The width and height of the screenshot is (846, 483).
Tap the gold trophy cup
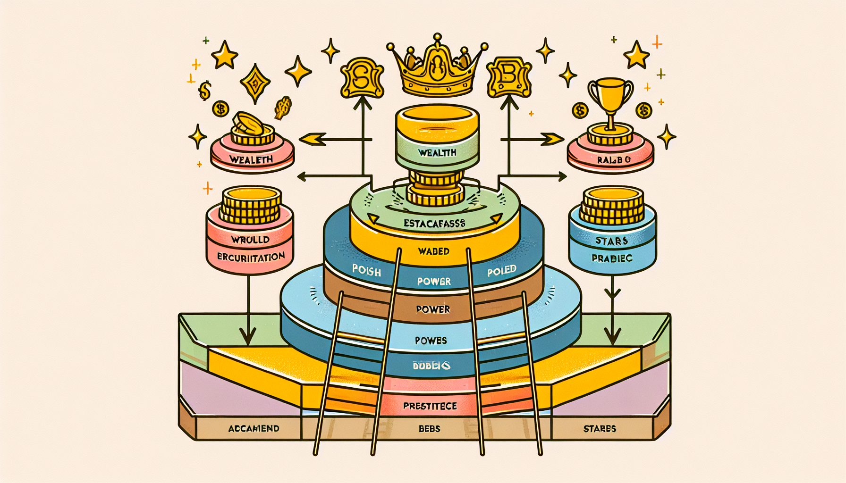[x=610, y=101]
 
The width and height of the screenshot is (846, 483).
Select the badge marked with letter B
[x=509, y=75]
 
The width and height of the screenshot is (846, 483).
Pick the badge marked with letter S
[x=362, y=76]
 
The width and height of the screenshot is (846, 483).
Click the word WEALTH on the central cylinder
[x=437, y=153]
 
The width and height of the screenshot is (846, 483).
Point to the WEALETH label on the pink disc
[x=251, y=159]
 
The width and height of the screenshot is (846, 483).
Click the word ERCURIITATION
[x=251, y=257]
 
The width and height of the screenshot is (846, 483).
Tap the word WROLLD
[x=250, y=239]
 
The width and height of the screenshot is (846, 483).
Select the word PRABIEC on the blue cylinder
[x=612, y=258]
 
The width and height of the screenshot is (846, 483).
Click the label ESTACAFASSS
[x=434, y=223]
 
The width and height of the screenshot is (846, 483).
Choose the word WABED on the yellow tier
[x=433, y=251]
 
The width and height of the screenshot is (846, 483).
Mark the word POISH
[x=366, y=271]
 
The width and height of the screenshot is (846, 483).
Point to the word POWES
[x=431, y=340]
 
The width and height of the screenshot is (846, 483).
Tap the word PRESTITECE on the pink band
[x=430, y=406]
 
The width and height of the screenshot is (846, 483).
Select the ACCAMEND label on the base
[x=254, y=429]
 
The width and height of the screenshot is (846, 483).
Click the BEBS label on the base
[x=429, y=429]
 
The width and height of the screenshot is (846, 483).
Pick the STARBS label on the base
[x=600, y=429]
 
